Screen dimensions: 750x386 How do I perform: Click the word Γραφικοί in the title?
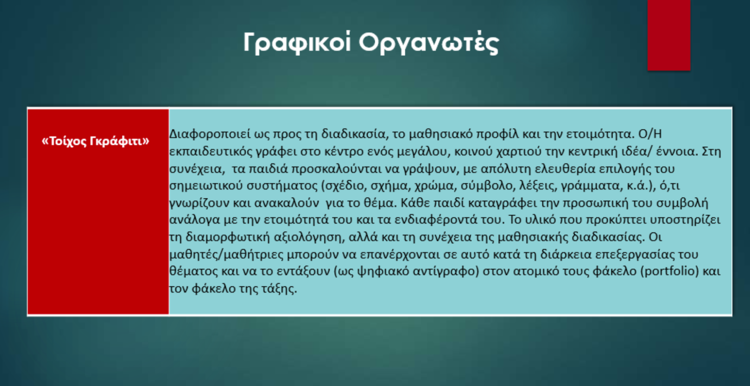pos(297,43)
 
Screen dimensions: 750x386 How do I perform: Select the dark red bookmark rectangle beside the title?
pos(669,35)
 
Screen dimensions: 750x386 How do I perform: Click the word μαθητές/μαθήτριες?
pos(226,255)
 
